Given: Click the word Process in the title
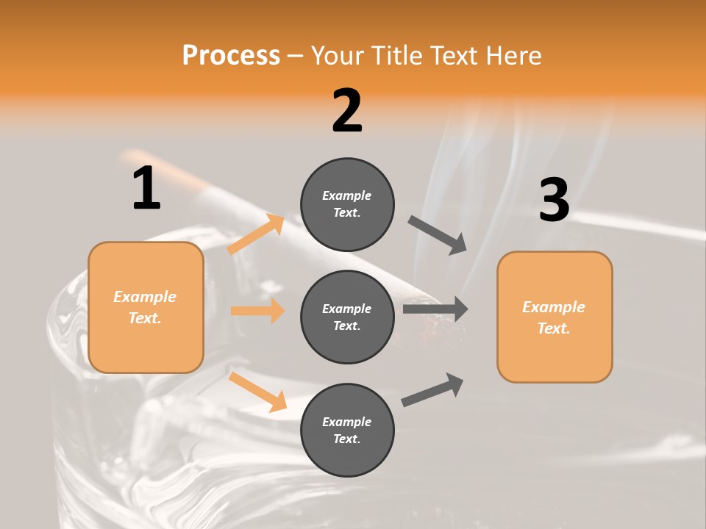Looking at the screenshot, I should (231, 55).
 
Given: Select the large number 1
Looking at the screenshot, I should (146, 188).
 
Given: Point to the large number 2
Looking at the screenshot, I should (347, 111).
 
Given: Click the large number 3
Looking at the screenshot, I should (554, 200).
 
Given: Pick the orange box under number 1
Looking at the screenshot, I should (146, 307).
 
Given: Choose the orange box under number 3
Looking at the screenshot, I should (555, 317).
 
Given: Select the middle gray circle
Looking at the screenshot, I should (347, 317).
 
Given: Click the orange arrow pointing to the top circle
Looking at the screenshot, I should (256, 234).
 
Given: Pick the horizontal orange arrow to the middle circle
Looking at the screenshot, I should (257, 311).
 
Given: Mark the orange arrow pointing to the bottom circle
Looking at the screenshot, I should (257, 391).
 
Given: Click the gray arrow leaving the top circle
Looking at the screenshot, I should (438, 234).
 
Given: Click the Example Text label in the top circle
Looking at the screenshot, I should (347, 204).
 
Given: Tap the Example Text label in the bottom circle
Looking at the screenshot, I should (347, 431).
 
